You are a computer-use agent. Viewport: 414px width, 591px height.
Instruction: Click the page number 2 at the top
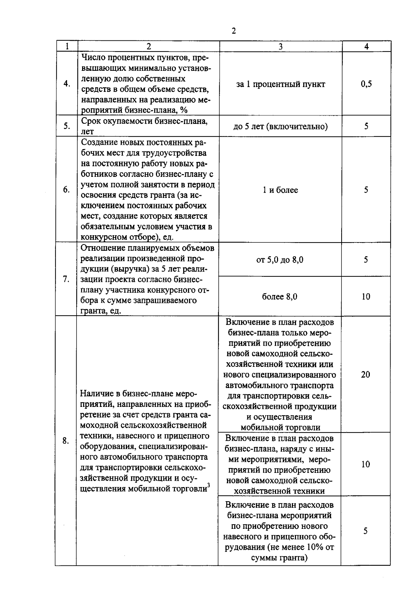[234, 31]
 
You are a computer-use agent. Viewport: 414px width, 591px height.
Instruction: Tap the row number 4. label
[67, 84]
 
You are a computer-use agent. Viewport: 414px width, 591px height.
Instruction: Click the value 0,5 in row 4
[366, 84]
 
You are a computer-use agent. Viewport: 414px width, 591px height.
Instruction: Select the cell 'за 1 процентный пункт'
[280, 84]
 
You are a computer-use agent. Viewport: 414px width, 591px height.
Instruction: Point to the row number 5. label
[67, 126]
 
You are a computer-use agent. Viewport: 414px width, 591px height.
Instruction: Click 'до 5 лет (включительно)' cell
[280, 126]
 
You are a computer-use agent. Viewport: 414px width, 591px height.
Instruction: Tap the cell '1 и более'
[280, 190]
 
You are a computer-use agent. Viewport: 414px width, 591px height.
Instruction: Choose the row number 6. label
[67, 190]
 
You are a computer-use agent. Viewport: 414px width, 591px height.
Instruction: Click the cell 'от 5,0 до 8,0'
[280, 260]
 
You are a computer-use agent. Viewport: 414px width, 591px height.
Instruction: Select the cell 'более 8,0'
[280, 297]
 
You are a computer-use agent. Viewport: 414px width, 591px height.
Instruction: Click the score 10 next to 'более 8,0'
[366, 296]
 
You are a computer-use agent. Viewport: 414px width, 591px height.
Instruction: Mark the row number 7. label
[67, 279]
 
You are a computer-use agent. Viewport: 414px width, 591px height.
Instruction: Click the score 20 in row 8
[366, 374]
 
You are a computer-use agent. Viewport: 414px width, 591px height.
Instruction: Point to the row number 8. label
[66, 441]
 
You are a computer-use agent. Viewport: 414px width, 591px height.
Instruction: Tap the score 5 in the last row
[366, 531]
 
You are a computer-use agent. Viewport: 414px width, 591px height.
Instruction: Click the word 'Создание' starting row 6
[98, 142]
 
